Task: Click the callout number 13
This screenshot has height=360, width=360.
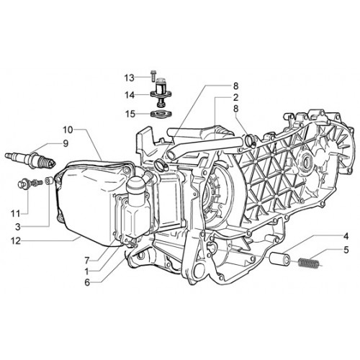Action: (129, 78)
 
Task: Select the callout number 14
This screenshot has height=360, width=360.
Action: (130, 95)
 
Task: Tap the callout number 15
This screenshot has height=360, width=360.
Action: (130, 114)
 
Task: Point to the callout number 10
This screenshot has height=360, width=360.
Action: (68, 130)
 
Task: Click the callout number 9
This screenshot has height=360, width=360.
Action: (66, 143)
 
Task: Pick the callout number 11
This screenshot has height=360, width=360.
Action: (16, 213)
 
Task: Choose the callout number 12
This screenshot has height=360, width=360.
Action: (16, 241)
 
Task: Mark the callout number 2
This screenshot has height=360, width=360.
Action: (235, 98)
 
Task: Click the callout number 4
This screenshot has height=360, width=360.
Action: (346, 236)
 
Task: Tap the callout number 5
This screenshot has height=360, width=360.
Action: (346, 250)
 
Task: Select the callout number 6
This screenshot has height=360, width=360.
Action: (87, 282)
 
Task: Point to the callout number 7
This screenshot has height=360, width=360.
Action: (87, 259)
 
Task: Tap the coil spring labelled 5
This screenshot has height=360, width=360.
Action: (309, 262)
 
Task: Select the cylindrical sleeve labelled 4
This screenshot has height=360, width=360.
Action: (279, 258)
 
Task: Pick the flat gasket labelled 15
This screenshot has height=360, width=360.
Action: (162, 113)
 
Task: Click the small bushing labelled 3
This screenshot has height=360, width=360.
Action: (49, 181)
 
